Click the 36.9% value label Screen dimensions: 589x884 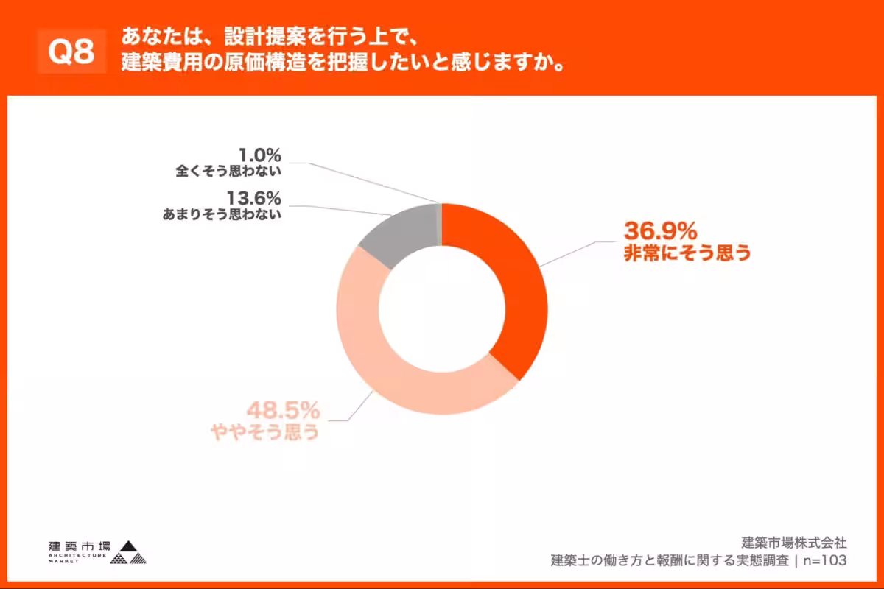(660, 230)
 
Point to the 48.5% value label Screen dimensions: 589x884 (282, 408)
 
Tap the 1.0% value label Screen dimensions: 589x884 (260, 155)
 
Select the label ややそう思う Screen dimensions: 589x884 (264, 432)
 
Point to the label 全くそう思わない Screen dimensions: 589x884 (228, 172)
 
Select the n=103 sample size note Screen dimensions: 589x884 (825, 560)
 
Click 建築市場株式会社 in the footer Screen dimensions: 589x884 (793, 543)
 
